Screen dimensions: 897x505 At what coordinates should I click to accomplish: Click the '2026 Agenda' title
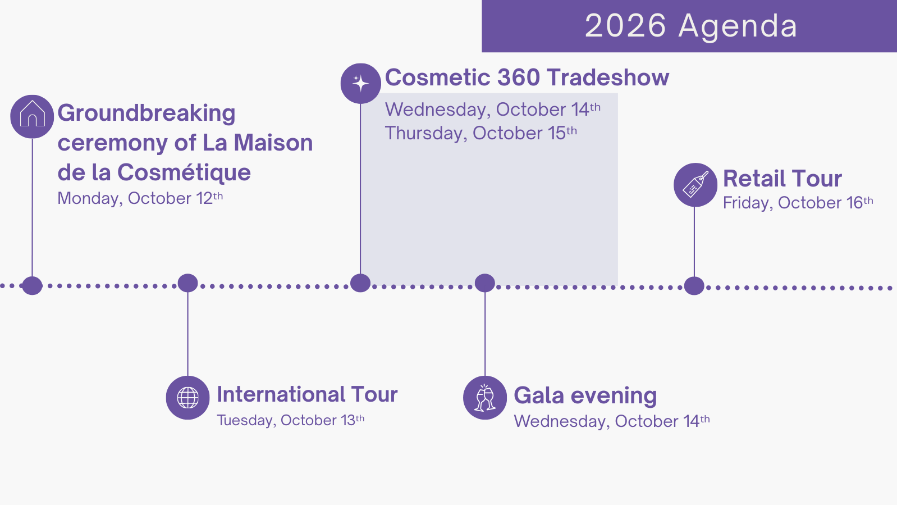click(691, 26)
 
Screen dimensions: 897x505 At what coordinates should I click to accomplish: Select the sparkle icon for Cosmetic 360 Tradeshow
click(360, 83)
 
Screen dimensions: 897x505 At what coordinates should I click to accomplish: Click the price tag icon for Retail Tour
click(695, 185)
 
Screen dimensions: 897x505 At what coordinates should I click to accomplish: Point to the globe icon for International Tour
click(188, 398)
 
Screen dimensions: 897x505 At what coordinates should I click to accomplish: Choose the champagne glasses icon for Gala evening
click(485, 398)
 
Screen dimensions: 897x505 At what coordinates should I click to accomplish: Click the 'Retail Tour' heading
click(782, 179)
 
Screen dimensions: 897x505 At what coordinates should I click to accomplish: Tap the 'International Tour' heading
click(307, 394)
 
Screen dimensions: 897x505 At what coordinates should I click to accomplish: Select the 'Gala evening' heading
click(585, 397)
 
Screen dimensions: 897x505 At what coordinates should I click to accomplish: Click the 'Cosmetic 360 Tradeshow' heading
click(527, 78)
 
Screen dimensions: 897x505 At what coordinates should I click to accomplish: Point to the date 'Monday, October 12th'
click(140, 198)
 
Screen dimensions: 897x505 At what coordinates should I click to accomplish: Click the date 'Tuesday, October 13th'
click(291, 420)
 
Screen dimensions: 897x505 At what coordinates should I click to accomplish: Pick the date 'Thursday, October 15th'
click(481, 133)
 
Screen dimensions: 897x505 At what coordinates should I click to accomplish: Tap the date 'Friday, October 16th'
click(798, 202)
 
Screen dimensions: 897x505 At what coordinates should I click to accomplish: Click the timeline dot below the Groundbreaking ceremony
click(32, 286)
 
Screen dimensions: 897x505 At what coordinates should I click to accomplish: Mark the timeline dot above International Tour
click(188, 283)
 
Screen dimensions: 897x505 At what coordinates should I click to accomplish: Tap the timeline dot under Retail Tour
click(694, 286)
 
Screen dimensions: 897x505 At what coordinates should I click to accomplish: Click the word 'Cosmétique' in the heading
click(184, 173)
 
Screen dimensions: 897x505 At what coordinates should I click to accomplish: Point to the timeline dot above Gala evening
click(485, 283)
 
